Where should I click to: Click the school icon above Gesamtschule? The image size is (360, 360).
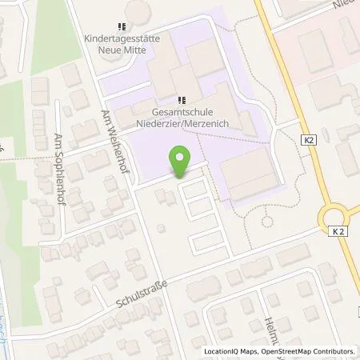182,100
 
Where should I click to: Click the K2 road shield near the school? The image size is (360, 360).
309,139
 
